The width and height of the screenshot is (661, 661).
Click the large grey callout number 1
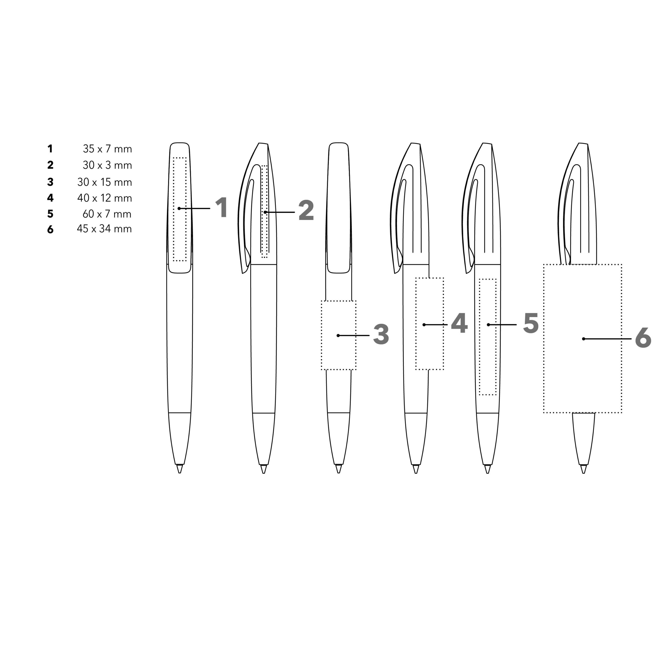[222, 207]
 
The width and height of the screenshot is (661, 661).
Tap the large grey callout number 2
[306, 210]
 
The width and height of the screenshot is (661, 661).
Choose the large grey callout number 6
[643, 338]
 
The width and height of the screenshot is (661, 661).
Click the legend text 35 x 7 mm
[107, 149]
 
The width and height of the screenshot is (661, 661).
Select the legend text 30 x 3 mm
[107, 165]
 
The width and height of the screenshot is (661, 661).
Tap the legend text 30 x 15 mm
[105, 182]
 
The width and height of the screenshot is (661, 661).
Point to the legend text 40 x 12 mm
[105, 198]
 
